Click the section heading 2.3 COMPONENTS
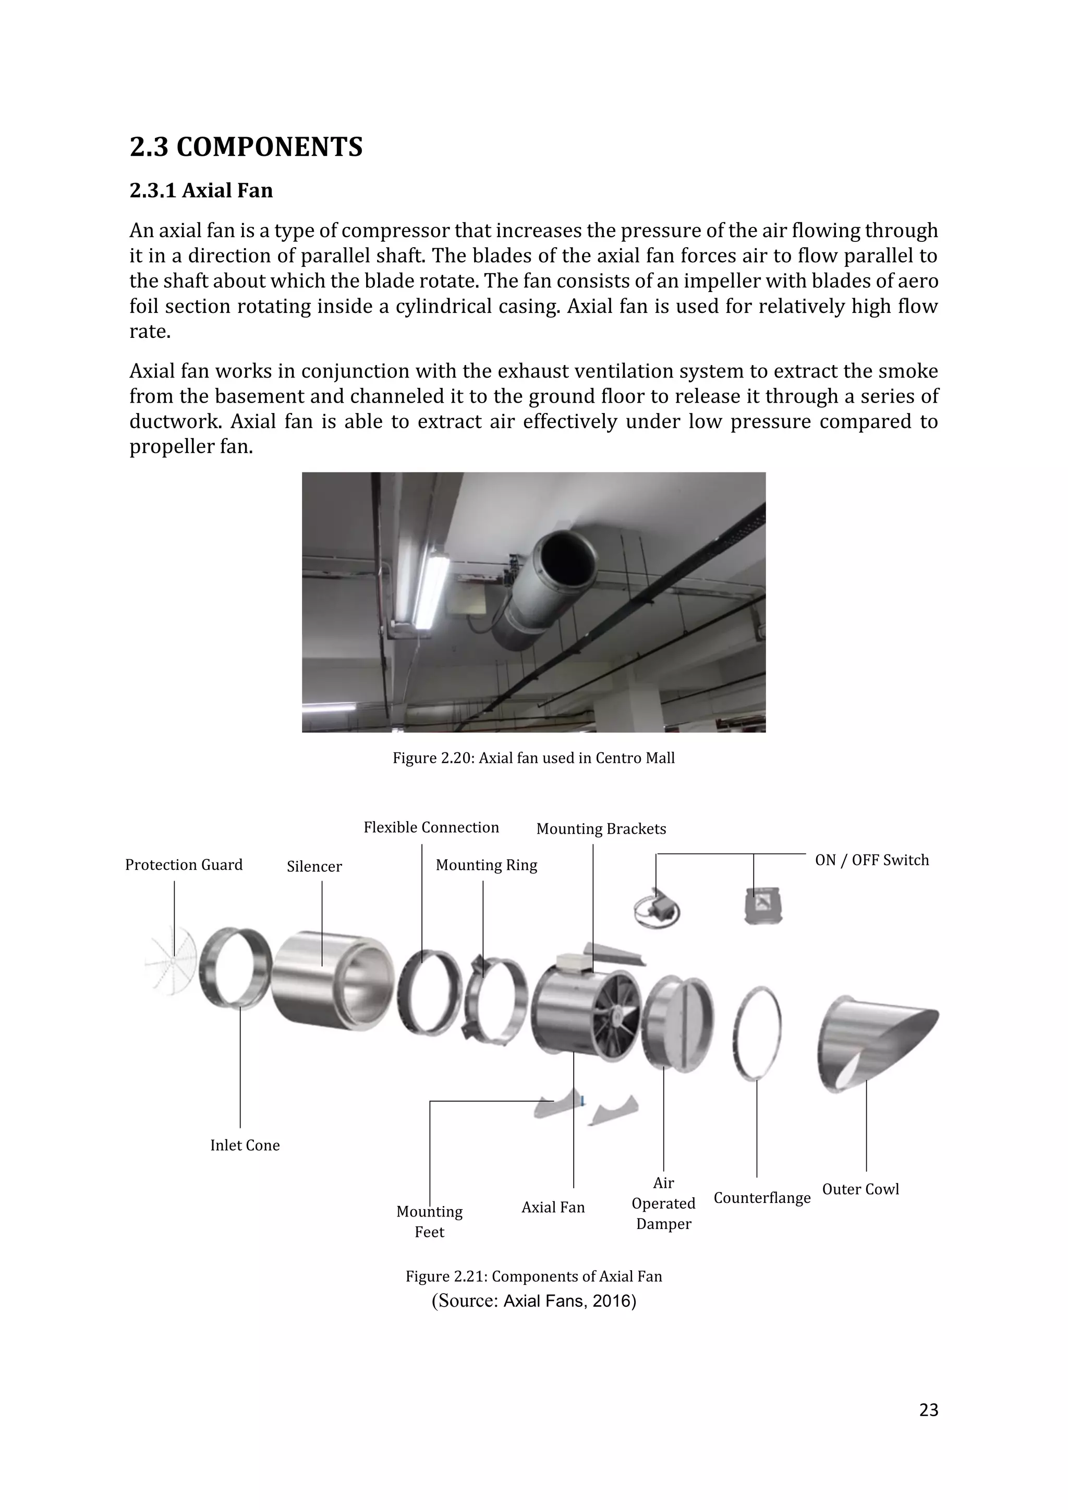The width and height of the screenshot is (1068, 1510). coord(246,147)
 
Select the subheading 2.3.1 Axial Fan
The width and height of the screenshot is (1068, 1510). coord(201,191)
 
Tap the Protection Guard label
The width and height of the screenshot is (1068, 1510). coord(184,865)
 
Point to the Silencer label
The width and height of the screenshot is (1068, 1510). coord(314,867)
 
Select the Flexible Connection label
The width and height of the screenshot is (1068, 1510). coord(431,827)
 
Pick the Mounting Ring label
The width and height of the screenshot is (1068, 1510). coord(486,866)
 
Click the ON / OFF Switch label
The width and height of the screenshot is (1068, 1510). coord(871,860)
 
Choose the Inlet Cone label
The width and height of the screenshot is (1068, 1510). coord(245,1146)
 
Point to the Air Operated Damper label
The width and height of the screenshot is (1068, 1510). coord(663,1203)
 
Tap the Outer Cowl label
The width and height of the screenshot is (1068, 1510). coord(860,1189)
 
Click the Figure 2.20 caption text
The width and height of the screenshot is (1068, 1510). coord(533,758)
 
